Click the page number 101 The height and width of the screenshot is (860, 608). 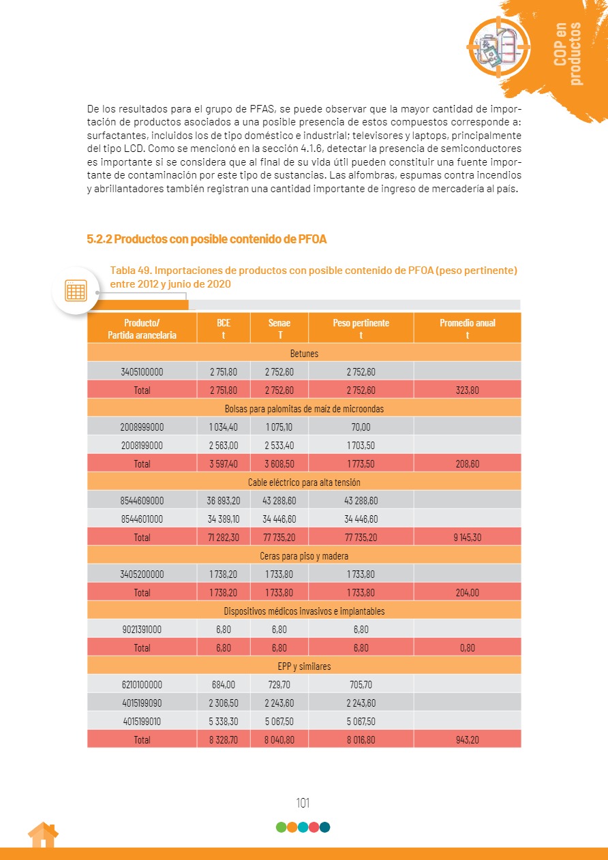coord(303,803)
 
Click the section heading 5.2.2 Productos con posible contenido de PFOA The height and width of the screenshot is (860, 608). coord(207,239)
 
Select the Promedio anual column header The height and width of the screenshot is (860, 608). coord(467,328)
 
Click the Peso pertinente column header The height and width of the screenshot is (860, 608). coord(361,328)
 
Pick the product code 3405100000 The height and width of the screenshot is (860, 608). coord(142,372)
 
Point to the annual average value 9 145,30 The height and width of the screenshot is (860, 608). coord(467,538)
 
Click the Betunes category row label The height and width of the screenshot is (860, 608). coord(304,354)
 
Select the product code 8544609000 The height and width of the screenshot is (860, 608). coord(142,501)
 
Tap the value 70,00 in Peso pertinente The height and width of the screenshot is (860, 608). coord(361,427)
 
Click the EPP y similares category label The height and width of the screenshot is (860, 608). coord(304,666)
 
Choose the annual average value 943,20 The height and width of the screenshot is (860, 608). coord(467,740)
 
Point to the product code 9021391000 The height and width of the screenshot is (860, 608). coord(142,630)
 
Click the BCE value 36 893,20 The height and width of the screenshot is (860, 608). coord(224,501)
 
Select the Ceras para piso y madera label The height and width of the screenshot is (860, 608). coord(304,556)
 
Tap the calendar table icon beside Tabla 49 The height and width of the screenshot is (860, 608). coord(76,291)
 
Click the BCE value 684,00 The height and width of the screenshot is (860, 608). coord(224,685)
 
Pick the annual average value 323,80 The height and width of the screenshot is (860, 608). coord(467,390)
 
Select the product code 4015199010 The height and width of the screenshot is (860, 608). coord(142,722)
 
